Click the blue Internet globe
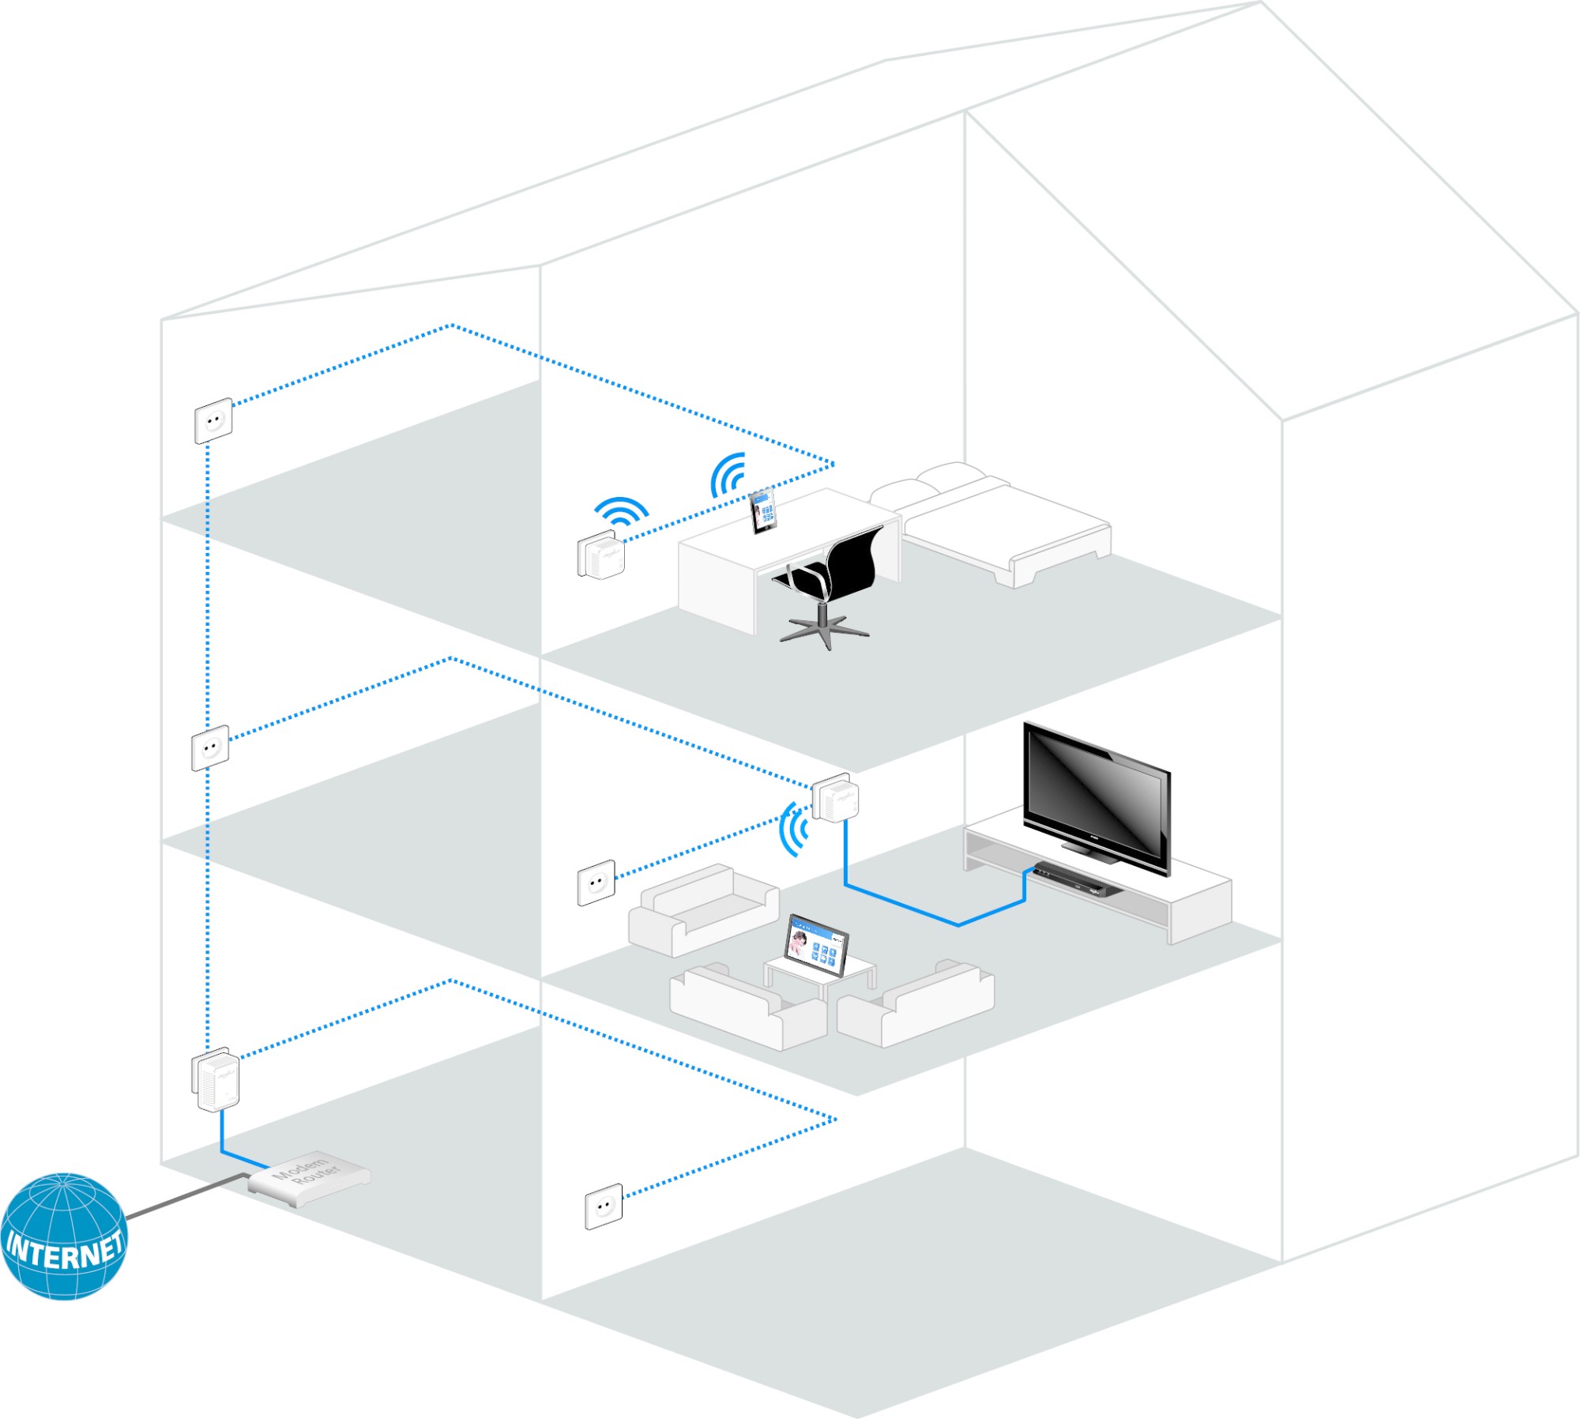click(63, 1236)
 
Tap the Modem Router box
click(309, 1177)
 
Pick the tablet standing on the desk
click(763, 512)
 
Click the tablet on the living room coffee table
click(817, 945)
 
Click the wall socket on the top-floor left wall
click(213, 421)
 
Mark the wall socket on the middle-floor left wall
click(210, 747)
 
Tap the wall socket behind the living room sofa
click(596, 883)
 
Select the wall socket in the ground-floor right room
click(604, 1206)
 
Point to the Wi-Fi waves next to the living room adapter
click(794, 829)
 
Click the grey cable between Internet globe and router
click(186, 1195)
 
